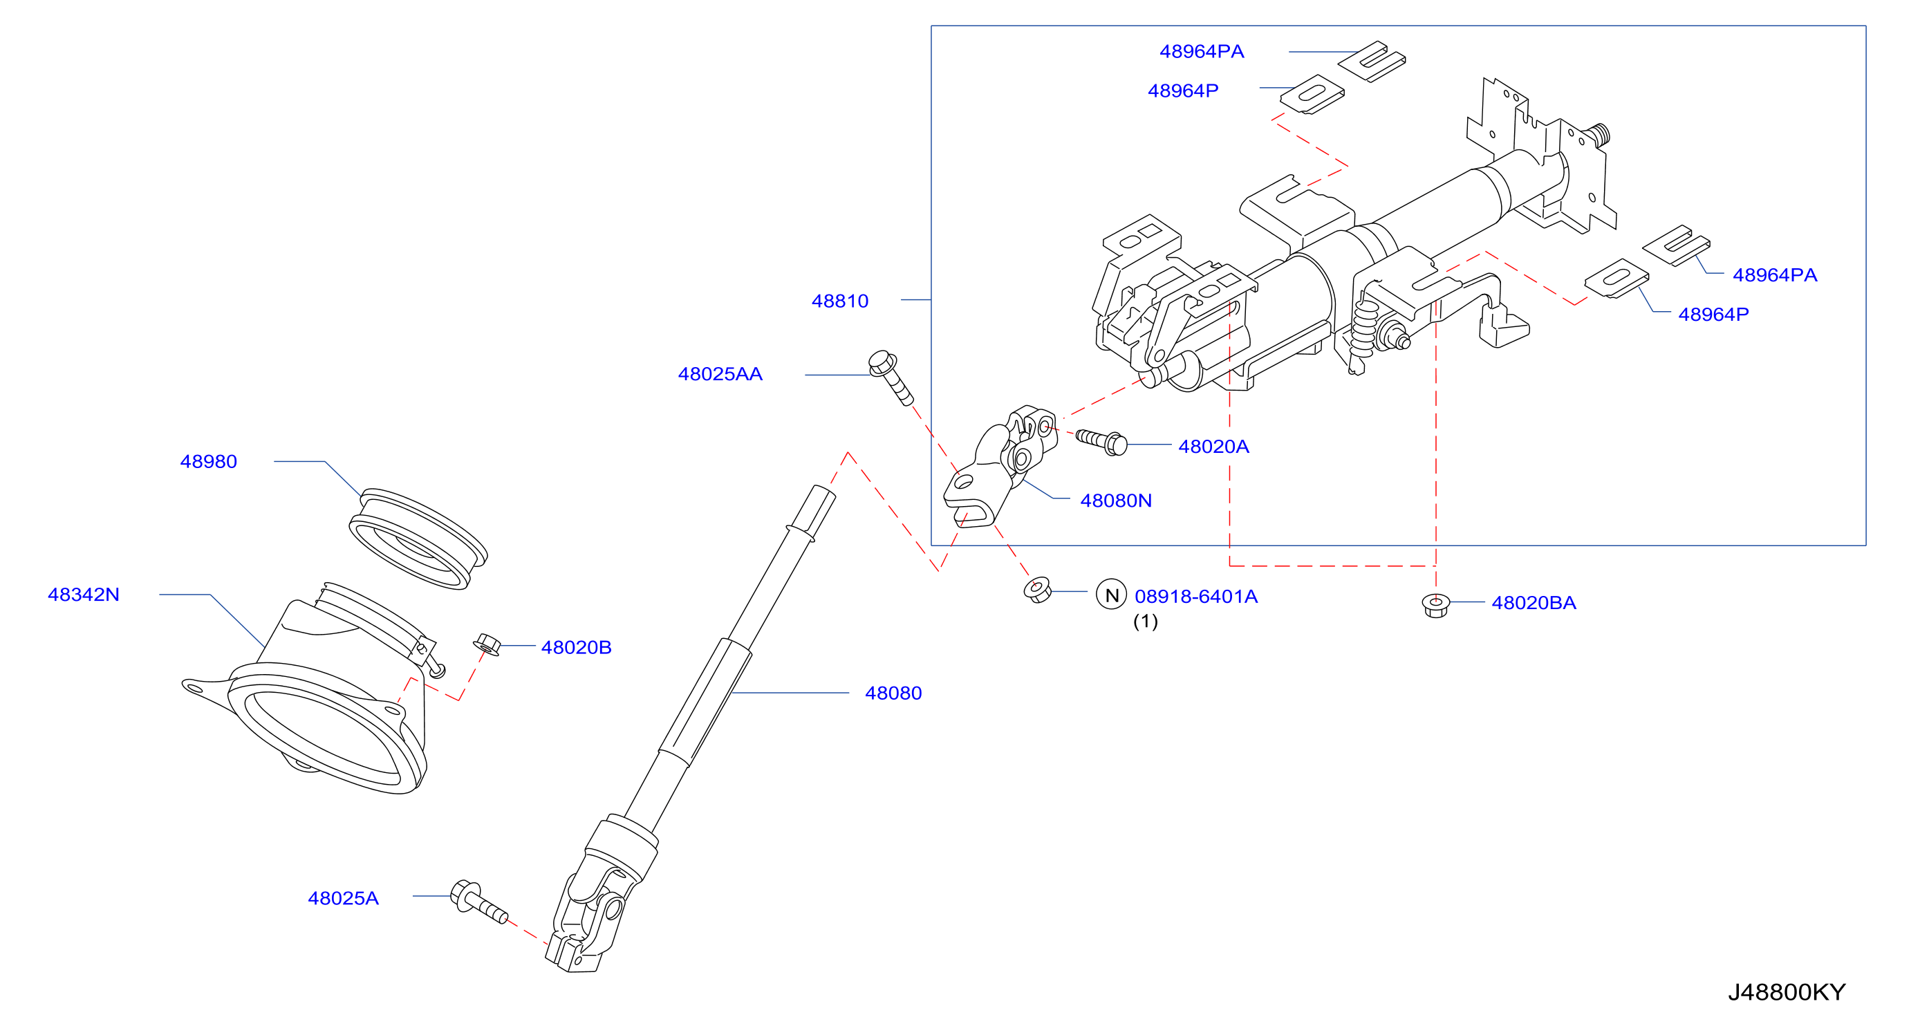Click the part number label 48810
pyautogui.click(x=840, y=301)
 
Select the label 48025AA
pyautogui.click(x=720, y=374)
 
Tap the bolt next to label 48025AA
pyautogui.click(x=891, y=377)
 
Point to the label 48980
pyautogui.click(x=209, y=461)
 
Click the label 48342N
pyautogui.click(x=84, y=595)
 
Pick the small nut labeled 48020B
pyautogui.click(x=487, y=644)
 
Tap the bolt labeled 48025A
pyautogui.click(x=478, y=902)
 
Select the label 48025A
pyautogui.click(x=344, y=898)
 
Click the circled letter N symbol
pyautogui.click(x=1111, y=595)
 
